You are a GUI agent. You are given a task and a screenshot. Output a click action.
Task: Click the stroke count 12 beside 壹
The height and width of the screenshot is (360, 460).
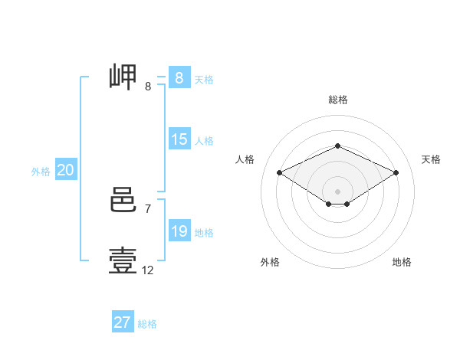point(148,270)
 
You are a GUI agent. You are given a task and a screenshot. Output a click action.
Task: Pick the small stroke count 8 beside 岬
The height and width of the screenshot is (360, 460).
point(148,87)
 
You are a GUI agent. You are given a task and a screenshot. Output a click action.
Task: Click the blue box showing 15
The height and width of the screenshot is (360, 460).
point(179,139)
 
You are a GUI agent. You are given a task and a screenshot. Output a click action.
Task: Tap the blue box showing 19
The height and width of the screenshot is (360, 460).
point(179,231)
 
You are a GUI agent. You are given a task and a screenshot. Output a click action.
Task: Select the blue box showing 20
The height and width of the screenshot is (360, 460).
point(65,171)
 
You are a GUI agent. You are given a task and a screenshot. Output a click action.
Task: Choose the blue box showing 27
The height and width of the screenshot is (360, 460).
point(122,322)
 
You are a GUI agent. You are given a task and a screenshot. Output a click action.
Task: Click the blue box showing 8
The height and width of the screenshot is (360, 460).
point(179,78)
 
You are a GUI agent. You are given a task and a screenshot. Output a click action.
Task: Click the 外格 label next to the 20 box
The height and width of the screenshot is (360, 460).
point(41,172)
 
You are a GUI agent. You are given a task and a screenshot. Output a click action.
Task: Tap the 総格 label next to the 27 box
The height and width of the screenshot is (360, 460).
point(147,323)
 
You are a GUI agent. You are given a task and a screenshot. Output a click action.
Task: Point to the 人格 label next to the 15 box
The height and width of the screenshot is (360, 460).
point(204,141)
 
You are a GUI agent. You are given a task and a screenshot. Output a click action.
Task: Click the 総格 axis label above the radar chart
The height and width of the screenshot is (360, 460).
point(337,100)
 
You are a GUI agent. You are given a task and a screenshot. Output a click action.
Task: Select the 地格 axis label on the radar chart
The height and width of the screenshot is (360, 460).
point(402,262)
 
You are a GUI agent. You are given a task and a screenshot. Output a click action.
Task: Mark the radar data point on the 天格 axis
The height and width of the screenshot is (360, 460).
point(396,173)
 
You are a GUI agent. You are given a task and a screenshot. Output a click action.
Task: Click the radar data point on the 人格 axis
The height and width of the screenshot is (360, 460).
point(279,173)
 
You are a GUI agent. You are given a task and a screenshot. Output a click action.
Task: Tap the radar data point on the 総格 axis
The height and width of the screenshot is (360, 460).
point(337,146)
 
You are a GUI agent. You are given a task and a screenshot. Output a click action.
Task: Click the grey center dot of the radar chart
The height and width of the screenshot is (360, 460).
point(337,191)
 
